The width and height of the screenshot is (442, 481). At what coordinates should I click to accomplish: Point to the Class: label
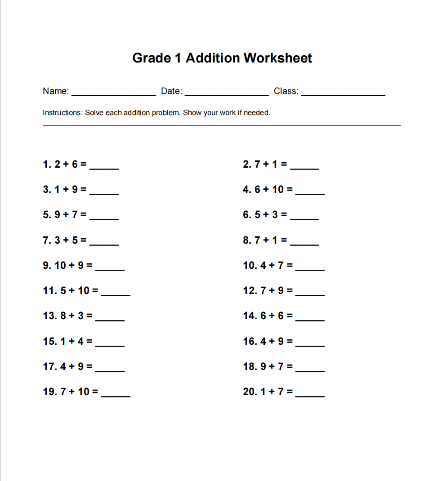click(286, 91)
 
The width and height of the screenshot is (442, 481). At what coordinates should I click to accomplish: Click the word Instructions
click(63, 112)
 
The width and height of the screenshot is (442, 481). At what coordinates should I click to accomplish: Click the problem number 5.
click(47, 215)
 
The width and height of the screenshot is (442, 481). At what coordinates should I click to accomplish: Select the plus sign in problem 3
click(67, 190)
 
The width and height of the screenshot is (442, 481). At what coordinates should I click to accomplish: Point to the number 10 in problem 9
click(60, 266)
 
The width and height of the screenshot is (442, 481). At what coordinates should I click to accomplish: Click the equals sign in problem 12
click(290, 291)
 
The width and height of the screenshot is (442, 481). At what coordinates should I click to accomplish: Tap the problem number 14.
click(250, 316)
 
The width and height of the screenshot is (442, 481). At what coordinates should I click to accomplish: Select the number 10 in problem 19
click(84, 392)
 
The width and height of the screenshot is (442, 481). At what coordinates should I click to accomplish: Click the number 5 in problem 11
click(63, 291)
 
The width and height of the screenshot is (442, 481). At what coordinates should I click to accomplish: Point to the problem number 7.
click(47, 240)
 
